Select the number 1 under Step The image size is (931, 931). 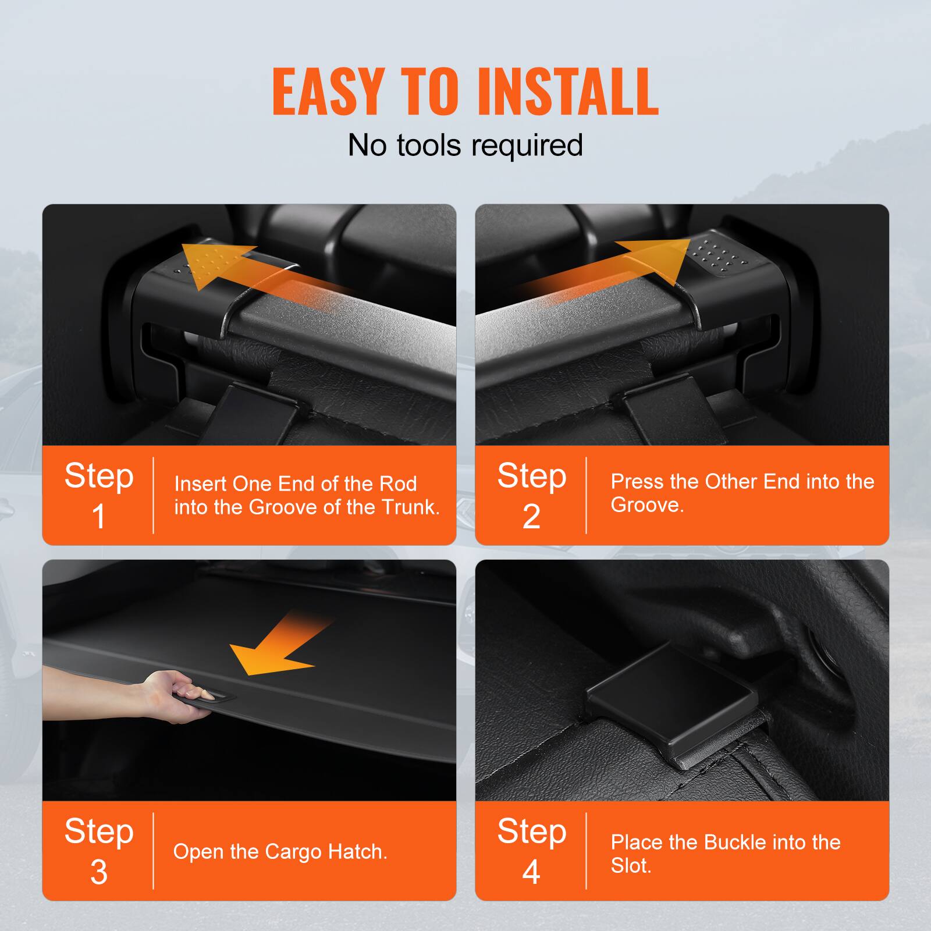point(99,516)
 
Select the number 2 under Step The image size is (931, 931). point(531,516)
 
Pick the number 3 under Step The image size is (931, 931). point(99,872)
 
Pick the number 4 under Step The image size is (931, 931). point(531,872)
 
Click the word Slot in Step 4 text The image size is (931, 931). point(630,866)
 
